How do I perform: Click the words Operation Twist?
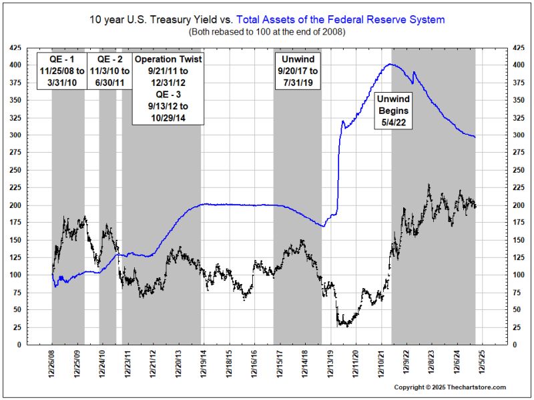click(x=168, y=59)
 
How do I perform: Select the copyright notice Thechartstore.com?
click(x=450, y=387)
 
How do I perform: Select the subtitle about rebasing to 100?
click(x=266, y=31)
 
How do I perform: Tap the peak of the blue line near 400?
click(x=390, y=64)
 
